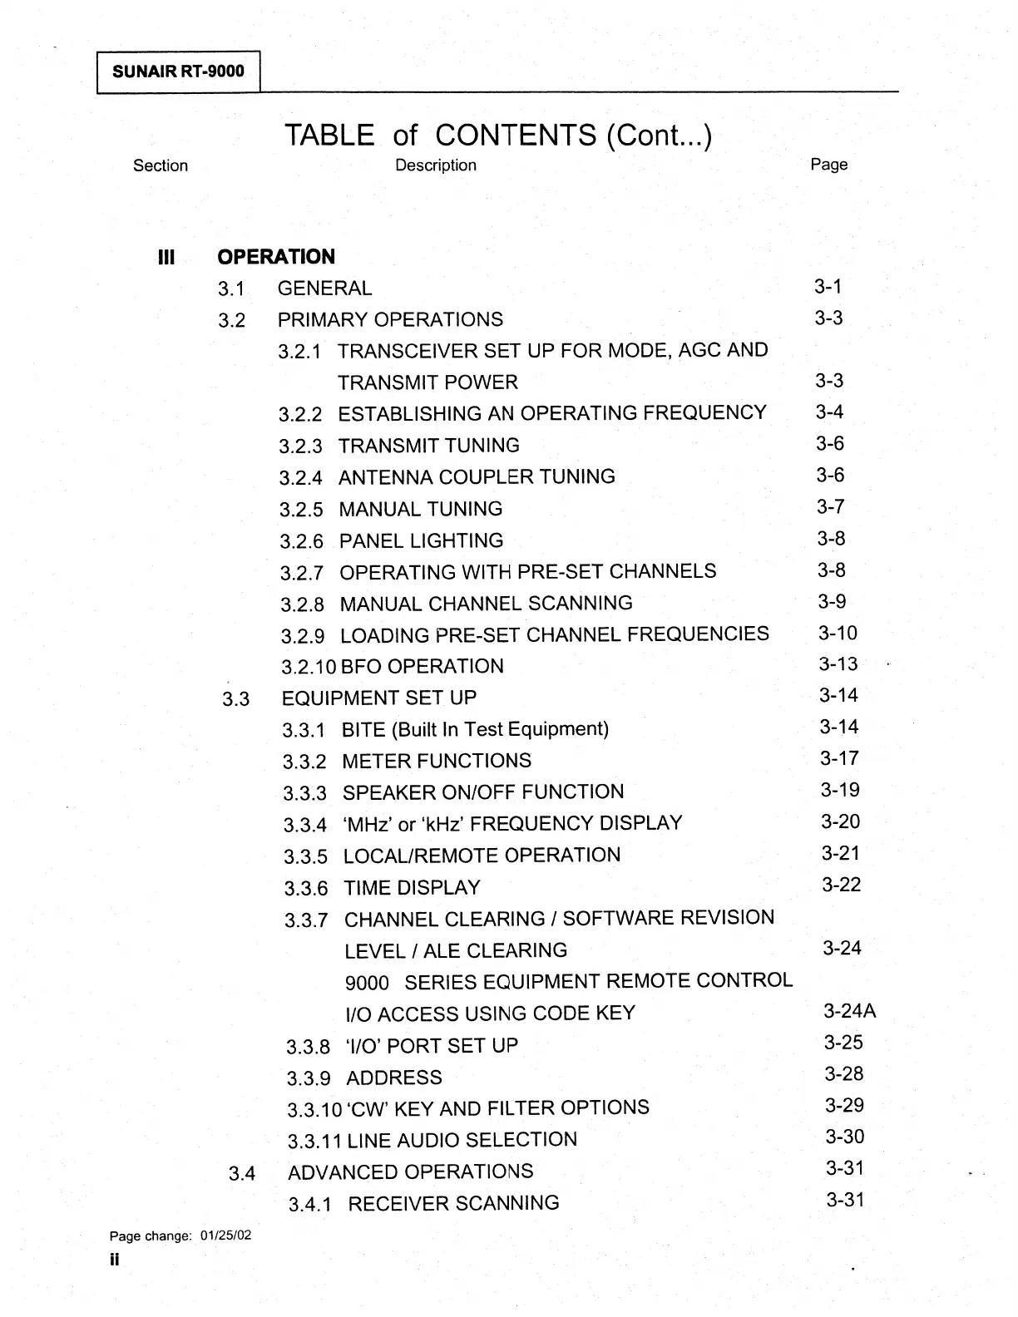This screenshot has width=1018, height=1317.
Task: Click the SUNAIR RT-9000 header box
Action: [x=178, y=71]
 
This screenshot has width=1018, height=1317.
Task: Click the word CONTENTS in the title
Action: [x=516, y=135]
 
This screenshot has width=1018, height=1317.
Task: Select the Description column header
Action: [x=436, y=165]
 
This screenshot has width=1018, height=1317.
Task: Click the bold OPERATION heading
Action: [x=276, y=257]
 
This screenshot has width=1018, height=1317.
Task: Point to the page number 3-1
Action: [x=828, y=287]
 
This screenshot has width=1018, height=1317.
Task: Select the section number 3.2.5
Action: [x=301, y=509]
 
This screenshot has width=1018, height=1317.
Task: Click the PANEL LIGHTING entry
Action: [x=421, y=540]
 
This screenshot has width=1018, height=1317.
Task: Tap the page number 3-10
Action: [x=838, y=633]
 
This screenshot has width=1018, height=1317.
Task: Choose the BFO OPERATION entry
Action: [x=422, y=667]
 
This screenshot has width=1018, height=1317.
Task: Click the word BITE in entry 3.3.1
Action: [x=363, y=730]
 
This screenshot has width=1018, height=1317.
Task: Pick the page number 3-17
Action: [x=839, y=758]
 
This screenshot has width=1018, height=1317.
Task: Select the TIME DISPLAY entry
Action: [x=412, y=888]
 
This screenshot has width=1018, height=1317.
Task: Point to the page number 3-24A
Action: [x=849, y=1011]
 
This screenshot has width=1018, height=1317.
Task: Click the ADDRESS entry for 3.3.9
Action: [x=393, y=1078]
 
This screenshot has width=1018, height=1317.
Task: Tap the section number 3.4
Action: [x=242, y=1173]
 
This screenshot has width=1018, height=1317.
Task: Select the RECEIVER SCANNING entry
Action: [x=453, y=1204]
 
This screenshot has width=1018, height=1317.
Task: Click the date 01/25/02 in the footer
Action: [x=225, y=1236]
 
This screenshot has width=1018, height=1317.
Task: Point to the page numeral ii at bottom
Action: [x=114, y=1260]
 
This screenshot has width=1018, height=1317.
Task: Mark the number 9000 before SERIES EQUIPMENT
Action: [x=367, y=983]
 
